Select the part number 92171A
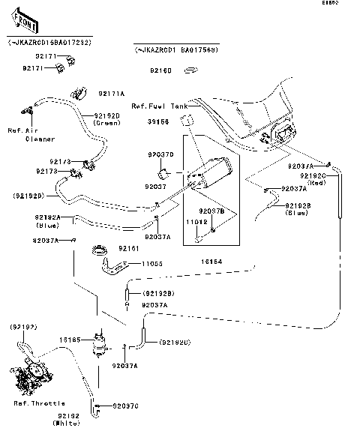coord(112,94)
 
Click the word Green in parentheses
coord(108,122)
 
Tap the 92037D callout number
coord(161,154)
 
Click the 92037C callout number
coord(125,406)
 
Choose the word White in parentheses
coord(67,424)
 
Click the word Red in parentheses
coord(317,182)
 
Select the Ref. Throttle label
coord(39,403)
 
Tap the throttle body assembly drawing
coord(31,376)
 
